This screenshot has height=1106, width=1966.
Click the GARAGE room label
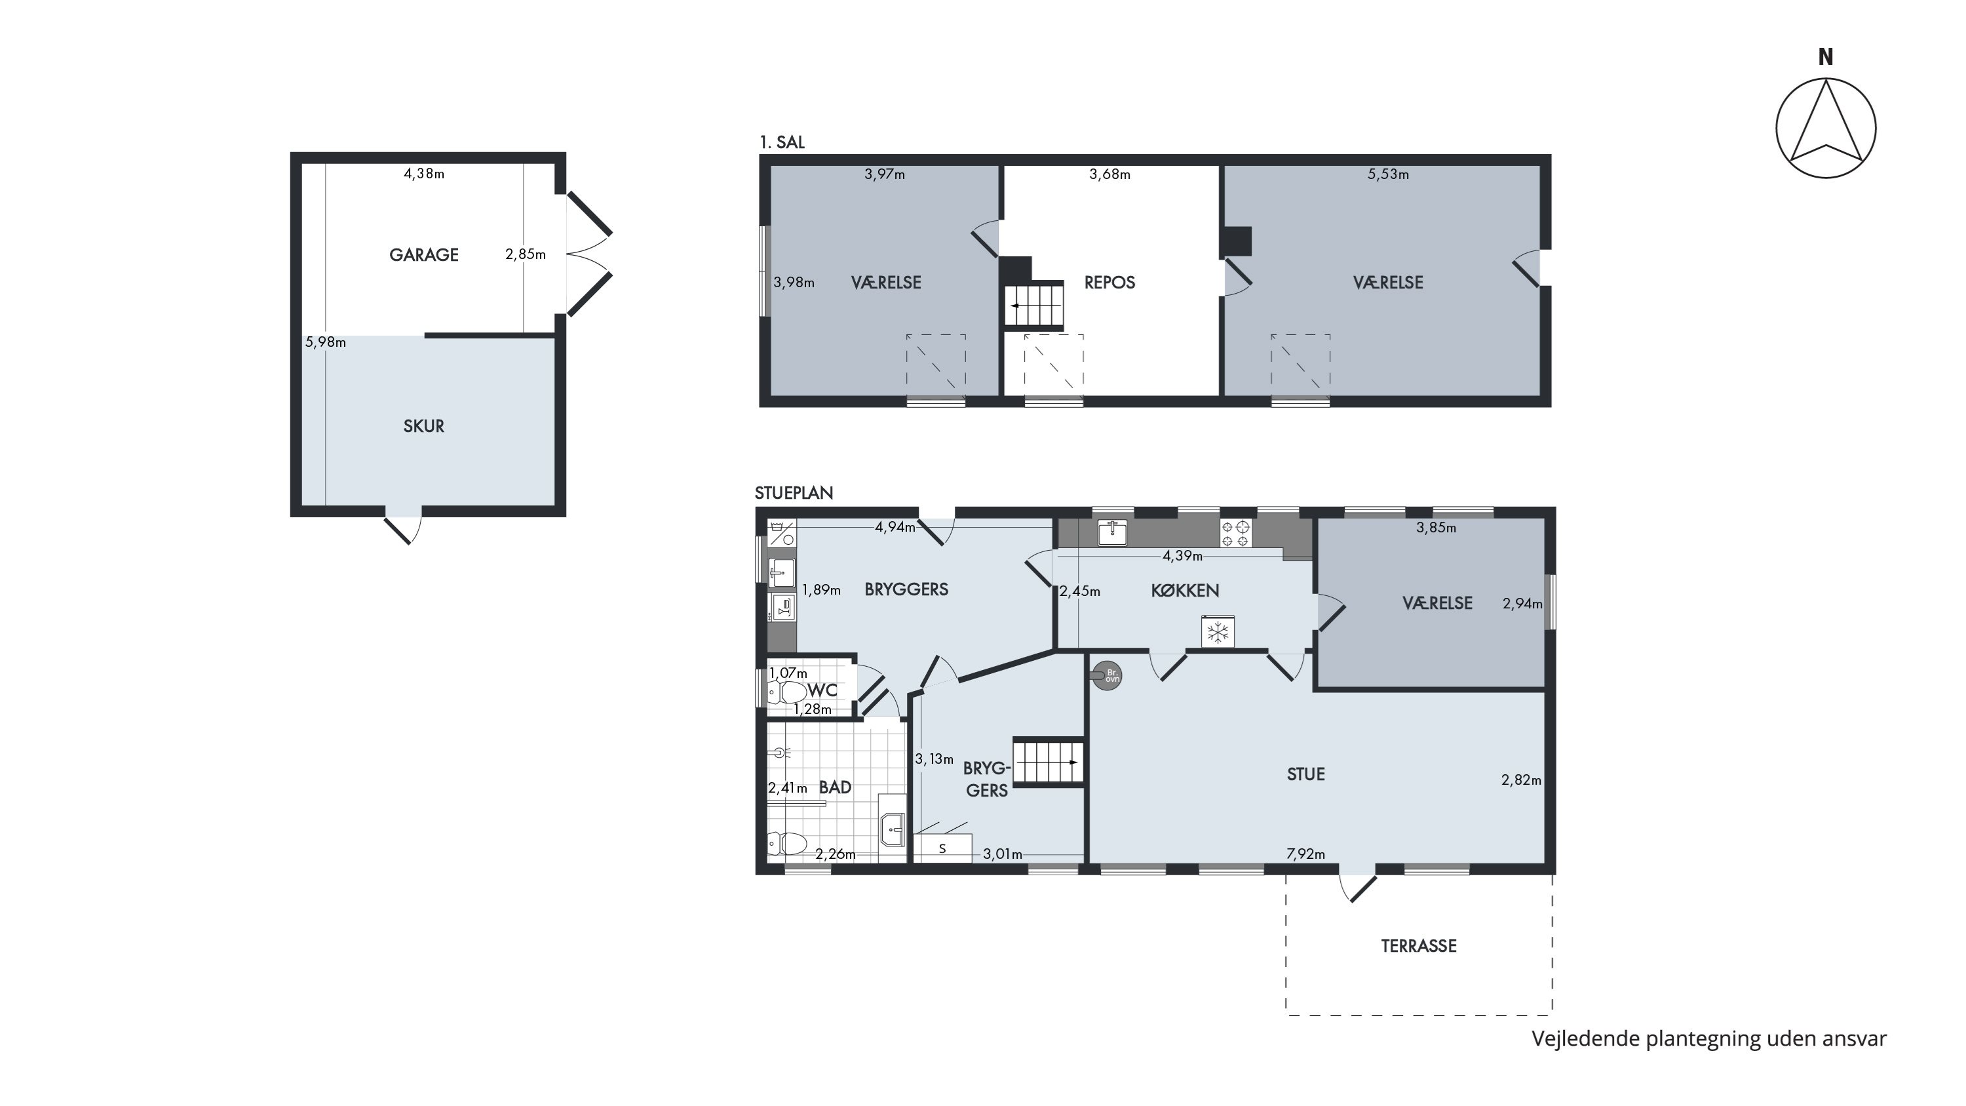[423, 255]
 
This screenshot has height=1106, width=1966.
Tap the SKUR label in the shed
[423, 426]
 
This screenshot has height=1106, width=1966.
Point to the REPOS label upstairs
[1109, 283]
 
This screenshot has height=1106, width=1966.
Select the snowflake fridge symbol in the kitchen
[1218, 631]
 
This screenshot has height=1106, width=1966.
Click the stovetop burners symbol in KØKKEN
[1235, 533]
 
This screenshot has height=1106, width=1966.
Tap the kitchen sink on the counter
[1113, 532]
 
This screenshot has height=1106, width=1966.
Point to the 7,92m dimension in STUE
[1306, 854]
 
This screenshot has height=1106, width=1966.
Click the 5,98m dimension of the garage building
[325, 342]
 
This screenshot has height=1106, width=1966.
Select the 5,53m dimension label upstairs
[1388, 174]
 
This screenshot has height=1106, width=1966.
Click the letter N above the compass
[1826, 57]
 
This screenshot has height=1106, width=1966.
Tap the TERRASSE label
[1419, 946]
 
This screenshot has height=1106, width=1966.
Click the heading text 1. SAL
[782, 142]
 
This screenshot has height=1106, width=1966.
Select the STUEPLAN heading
[794, 493]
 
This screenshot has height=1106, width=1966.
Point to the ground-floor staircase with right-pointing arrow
[1049, 761]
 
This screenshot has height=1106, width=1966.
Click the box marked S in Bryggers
[942, 849]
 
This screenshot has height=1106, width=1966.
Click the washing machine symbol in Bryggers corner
[782, 533]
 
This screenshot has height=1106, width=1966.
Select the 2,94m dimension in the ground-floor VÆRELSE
[1522, 604]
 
